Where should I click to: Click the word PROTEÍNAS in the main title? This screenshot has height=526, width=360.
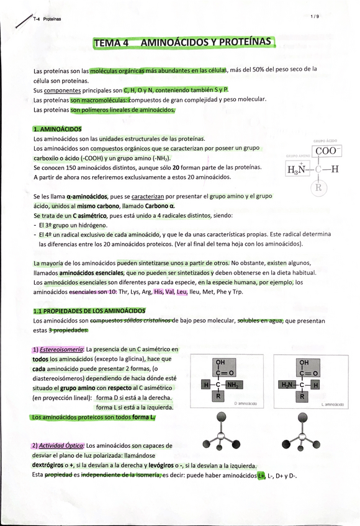(240, 43)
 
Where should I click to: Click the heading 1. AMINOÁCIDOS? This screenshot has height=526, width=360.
(56, 129)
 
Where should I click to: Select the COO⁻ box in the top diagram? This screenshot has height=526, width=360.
(326, 151)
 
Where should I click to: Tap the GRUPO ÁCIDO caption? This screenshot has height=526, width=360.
(325, 141)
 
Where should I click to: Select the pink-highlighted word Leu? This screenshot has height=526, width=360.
(182, 292)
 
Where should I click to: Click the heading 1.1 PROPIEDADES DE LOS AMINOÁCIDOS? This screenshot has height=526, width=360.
(89, 311)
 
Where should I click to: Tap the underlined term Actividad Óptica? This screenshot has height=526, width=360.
(61, 446)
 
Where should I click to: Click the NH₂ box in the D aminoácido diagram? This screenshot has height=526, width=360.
(232, 385)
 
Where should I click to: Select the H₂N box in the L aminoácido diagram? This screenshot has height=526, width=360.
(287, 385)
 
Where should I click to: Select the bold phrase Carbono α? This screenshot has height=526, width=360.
(160, 205)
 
